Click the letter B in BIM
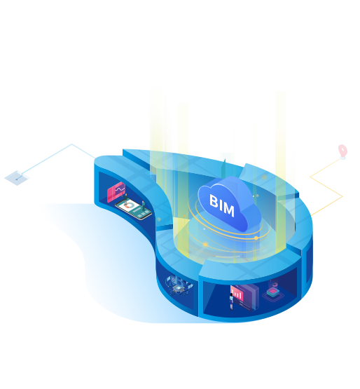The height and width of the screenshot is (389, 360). coord(214,200)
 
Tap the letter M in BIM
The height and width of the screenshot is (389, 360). coord(228,210)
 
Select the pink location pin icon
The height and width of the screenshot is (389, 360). coord(342,151)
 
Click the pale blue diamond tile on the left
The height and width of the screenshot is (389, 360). coord(17,177)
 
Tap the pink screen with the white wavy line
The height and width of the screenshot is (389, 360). coord(116,192)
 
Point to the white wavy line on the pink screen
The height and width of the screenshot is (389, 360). coord(120,189)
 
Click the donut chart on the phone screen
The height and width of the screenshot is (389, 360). coord(128,205)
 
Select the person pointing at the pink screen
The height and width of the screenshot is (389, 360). coord(125,198)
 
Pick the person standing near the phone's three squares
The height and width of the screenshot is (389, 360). coord(144,205)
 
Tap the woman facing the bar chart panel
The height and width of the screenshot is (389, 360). coord(232,301)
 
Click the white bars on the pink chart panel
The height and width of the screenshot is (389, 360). coord(237,294)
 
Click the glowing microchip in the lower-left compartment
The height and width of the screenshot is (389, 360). coord(178,288)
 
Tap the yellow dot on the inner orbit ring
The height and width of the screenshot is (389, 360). coord(256,238)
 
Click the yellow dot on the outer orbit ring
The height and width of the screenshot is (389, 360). coord(205,245)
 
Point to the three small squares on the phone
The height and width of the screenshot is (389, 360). coord(145,214)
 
